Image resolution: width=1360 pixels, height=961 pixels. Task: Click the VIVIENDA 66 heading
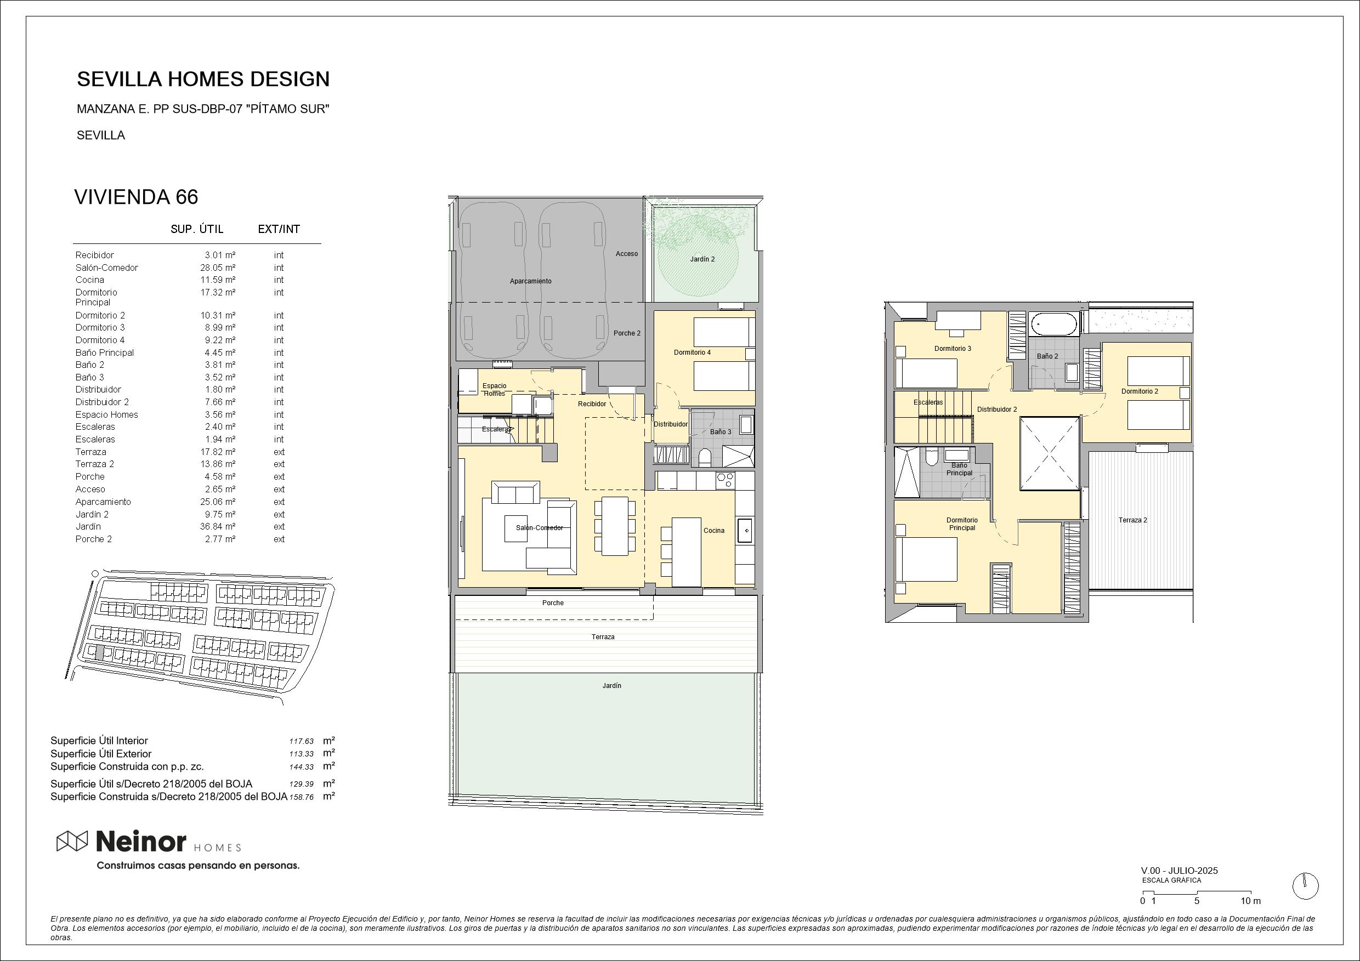(135, 197)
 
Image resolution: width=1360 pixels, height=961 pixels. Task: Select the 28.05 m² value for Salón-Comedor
(217, 268)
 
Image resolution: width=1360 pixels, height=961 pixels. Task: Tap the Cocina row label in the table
(89, 280)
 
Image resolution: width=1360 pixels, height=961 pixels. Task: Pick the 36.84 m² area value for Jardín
(217, 526)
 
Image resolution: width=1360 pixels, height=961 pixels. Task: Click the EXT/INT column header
(279, 229)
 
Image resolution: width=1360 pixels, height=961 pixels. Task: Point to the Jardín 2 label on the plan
(702, 259)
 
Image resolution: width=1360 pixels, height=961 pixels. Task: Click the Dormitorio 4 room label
(692, 352)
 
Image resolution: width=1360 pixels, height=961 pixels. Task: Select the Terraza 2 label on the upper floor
(1132, 520)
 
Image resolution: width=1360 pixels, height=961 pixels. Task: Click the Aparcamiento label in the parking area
(530, 281)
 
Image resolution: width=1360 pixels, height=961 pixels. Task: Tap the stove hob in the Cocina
(725, 480)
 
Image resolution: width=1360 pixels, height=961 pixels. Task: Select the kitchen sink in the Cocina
(745, 531)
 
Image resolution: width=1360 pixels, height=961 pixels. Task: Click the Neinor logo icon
(72, 841)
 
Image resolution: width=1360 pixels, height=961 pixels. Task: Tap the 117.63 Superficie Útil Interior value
(302, 741)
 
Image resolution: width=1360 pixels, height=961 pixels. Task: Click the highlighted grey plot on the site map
(99, 653)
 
